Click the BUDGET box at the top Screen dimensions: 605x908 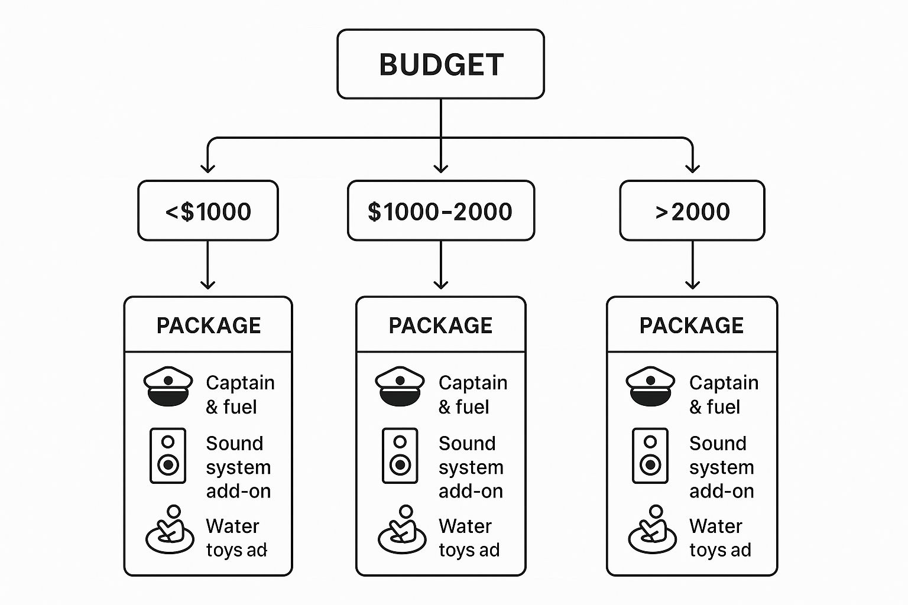point(440,64)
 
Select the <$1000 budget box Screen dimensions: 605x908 point(208,211)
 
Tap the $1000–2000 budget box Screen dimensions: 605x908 point(440,211)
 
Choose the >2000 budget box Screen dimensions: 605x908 point(692,211)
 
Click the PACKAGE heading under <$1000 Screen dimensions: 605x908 point(208,326)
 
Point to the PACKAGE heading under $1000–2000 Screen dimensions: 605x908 point(440,326)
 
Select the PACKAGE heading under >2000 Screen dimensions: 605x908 point(692,326)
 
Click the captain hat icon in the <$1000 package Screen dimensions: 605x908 point(168,386)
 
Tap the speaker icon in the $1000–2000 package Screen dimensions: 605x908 point(400,456)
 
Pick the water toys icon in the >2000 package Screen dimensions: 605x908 point(651,530)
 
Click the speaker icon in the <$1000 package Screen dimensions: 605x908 point(168,456)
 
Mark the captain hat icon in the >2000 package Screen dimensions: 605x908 point(650,386)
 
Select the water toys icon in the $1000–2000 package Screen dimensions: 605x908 point(402,530)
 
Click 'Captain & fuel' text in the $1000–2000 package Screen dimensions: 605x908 point(472,395)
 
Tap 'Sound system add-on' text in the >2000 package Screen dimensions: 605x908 point(721,467)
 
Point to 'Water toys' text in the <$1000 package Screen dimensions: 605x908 point(236,538)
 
